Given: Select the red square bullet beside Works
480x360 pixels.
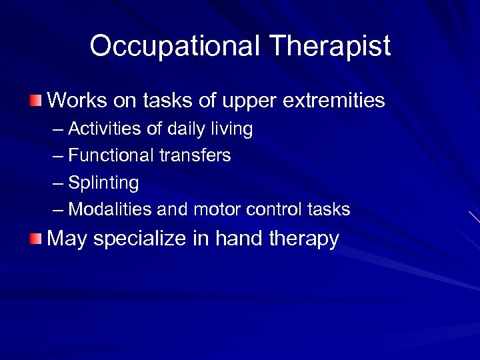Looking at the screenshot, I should pos(35,101).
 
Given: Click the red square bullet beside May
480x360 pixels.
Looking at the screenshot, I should pos(35,239).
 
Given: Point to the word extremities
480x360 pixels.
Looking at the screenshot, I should pos(334,101).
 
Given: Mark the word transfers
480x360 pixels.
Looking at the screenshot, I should pos(195,156).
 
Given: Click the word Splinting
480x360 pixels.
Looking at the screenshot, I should pos(103,183).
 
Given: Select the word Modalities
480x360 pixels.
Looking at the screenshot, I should pos(110,210).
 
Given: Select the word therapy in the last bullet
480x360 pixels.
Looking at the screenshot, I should pos(303,239).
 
